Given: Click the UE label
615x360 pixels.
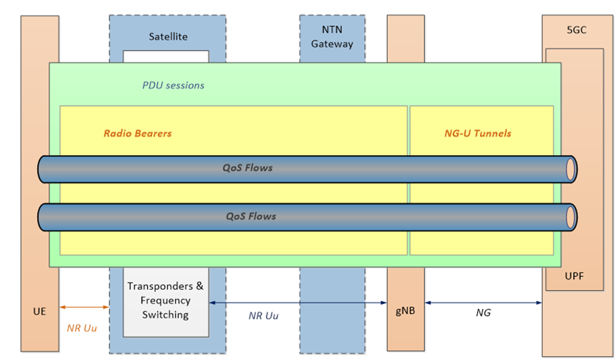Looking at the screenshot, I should (x=40, y=311).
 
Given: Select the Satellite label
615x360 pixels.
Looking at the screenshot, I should (x=169, y=36).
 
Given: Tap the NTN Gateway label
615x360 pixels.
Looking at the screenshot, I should (x=332, y=38).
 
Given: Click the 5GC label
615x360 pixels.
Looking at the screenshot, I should (x=577, y=31).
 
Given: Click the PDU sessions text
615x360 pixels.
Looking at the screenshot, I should (x=173, y=85).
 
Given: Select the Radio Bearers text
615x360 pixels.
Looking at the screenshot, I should (x=137, y=133).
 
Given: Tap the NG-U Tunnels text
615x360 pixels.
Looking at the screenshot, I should (x=482, y=133).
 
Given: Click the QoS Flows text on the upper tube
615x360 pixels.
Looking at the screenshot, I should (x=247, y=169).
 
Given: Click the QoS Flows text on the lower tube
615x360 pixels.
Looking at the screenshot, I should (x=250, y=216).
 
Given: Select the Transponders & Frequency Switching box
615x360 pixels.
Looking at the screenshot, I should (x=166, y=301).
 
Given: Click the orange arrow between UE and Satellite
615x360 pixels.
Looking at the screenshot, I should (x=84, y=307).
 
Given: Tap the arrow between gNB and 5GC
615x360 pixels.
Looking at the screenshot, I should (x=483, y=303).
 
